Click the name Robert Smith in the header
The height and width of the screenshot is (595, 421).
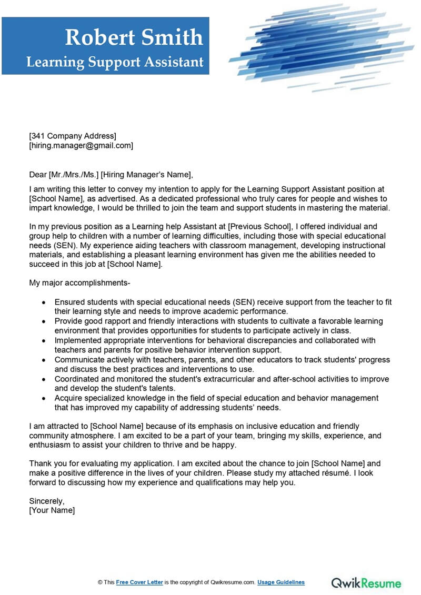click(134, 37)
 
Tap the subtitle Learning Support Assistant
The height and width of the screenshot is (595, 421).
click(115, 62)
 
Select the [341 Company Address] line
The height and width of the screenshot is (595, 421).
click(73, 136)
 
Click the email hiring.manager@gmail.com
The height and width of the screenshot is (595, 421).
click(81, 146)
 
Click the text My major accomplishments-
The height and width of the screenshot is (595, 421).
click(79, 283)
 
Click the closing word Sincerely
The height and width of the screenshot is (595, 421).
click(47, 501)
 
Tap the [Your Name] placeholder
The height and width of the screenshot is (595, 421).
click(52, 510)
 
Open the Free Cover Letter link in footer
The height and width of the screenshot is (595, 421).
click(139, 582)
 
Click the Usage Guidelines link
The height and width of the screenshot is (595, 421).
click(281, 582)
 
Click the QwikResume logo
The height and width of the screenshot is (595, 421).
click(366, 583)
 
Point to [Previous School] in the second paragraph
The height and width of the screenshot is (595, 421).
click(259, 226)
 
